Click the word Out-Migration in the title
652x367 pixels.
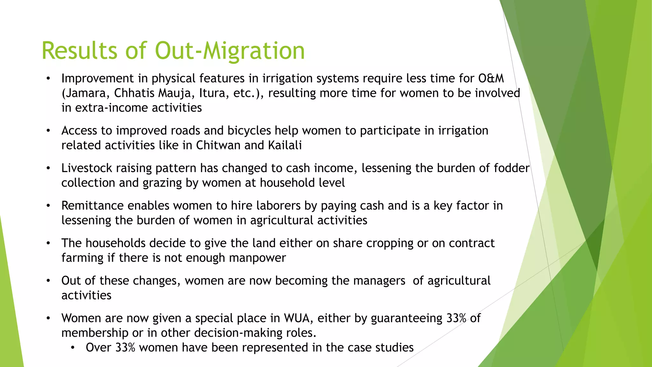[x=230, y=51]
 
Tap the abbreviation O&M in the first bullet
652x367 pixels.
[x=491, y=78]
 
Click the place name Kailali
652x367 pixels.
[x=285, y=145]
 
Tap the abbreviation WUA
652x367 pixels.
[x=298, y=318]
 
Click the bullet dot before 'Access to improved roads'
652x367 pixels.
[x=48, y=131]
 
